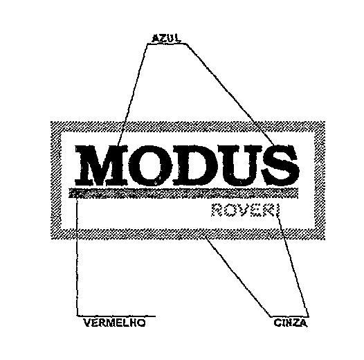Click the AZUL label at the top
tap(166, 38)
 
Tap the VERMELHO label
tap(114, 323)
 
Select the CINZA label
tap(291, 323)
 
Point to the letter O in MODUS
tap(150, 165)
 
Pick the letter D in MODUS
tap(196, 165)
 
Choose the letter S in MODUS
tap(280, 165)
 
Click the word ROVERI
tap(246, 210)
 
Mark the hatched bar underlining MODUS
tap(183, 192)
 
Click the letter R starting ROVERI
tap(217, 210)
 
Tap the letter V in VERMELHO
tap(87, 323)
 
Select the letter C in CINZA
tap(277, 323)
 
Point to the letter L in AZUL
tap(178, 38)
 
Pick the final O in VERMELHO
tap(142, 323)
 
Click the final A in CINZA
tap(303, 323)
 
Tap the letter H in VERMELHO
tap(134, 323)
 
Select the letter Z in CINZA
tap(295, 323)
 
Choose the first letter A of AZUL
tap(155, 38)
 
